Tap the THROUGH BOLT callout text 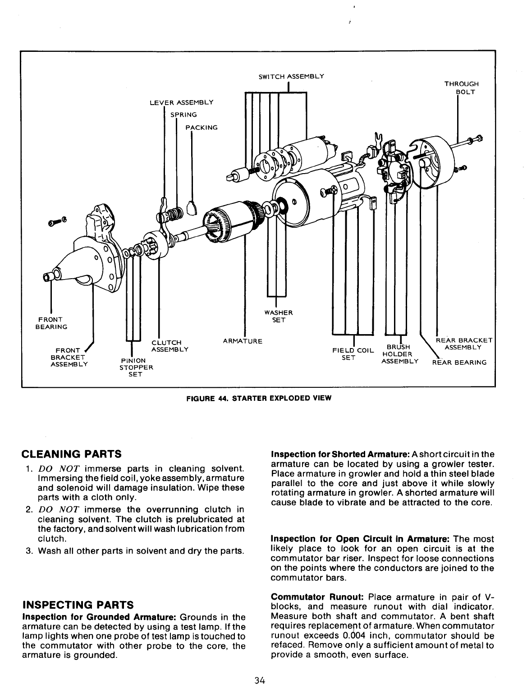(461, 88)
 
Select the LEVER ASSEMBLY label (181, 102)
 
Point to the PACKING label (202, 128)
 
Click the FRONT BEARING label (51, 323)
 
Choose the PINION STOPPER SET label (136, 367)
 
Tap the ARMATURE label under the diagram (243, 340)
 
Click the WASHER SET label (279, 317)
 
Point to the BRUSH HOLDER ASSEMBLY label (399, 354)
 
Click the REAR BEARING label (459, 362)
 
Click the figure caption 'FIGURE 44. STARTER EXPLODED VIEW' (259, 398)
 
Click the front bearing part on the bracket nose (47, 277)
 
